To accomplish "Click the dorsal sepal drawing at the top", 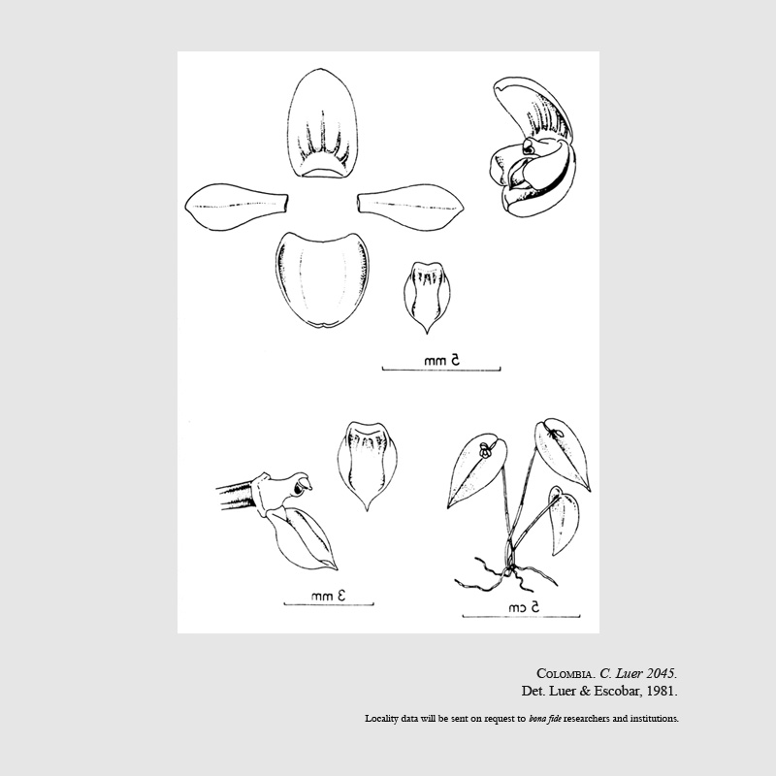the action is tap(322, 123).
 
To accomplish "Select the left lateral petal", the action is tap(236, 207).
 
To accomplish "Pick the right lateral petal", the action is tap(410, 207).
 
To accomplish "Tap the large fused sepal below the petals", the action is tap(322, 279).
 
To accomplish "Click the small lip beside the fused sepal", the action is tap(427, 296).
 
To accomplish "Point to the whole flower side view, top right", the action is tap(534, 146).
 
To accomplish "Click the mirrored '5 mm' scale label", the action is tap(442, 360).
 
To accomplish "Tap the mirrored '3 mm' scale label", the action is tap(328, 596).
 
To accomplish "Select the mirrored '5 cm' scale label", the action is tap(524, 607).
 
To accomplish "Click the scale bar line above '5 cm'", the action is tap(521, 617).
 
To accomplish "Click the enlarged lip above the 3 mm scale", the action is tap(367, 466).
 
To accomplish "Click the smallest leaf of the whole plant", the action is tap(564, 520).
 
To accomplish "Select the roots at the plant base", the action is tap(504, 576).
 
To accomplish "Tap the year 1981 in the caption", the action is tap(662, 691).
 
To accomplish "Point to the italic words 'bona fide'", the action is tap(544, 719).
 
